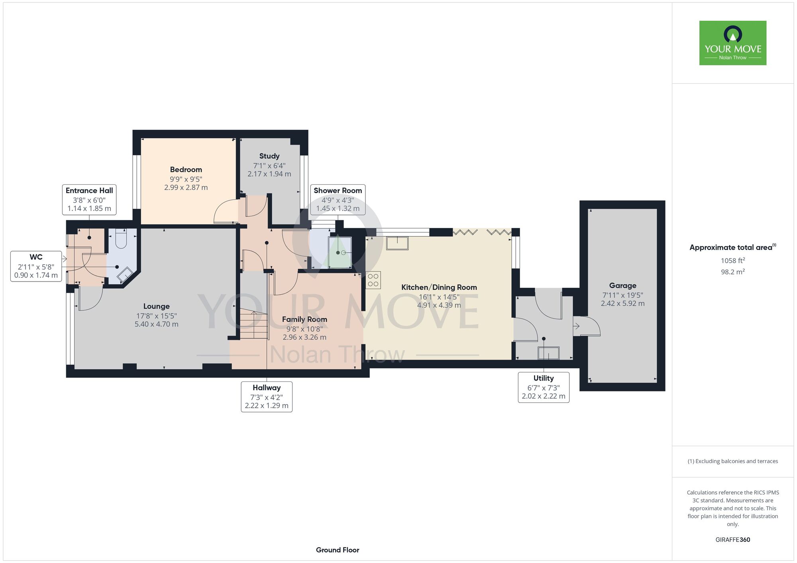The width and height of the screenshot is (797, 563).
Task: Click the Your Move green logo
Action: (x=733, y=43)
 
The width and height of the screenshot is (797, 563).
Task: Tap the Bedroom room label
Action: (x=186, y=170)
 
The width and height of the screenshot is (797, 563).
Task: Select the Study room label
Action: (x=269, y=156)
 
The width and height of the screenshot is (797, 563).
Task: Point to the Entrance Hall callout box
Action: (x=89, y=199)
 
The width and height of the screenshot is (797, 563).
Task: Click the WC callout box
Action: (x=36, y=266)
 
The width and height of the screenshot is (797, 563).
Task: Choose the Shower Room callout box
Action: (x=338, y=199)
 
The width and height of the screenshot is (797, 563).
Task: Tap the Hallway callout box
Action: (x=267, y=397)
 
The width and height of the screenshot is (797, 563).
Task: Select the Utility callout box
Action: (x=544, y=387)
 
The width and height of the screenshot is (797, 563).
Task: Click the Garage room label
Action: (x=623, y=285)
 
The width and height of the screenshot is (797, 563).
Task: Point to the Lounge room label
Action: (x=157, y=306)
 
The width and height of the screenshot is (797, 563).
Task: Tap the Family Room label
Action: (x=304, y=319)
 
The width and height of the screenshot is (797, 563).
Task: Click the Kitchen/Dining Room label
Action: (x=439, y=287)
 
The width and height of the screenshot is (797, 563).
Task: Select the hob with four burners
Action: (x=373, y=280)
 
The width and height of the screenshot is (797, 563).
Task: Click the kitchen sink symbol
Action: (x=397, y=243)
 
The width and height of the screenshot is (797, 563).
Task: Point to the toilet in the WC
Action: (x=120, y=238)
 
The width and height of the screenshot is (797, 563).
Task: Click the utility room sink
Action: (x=548, y=353)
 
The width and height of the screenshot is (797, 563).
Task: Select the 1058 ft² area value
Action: (x=733, y=260)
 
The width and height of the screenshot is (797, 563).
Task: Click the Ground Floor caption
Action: (x=338, y=550)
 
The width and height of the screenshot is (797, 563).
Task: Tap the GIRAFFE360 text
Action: (x=733, y=540)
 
